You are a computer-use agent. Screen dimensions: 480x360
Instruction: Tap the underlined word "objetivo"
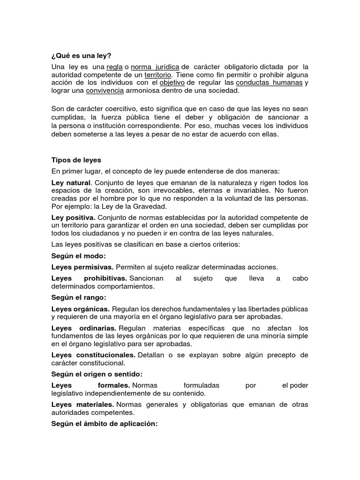coord(172,82)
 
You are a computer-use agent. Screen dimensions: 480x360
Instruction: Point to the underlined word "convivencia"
coord(105,91)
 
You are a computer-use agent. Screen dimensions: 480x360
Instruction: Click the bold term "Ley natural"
coord(70,182)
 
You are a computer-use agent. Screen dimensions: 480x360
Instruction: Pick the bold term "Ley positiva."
coord(73,217)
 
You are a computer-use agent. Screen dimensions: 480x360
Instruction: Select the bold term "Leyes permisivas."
coord(82,267)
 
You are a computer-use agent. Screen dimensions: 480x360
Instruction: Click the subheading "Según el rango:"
coord(79,298)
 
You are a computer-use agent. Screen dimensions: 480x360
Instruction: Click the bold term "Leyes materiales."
coord(82,405)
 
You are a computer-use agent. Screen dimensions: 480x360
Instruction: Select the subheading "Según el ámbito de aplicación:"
coord(104,424)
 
